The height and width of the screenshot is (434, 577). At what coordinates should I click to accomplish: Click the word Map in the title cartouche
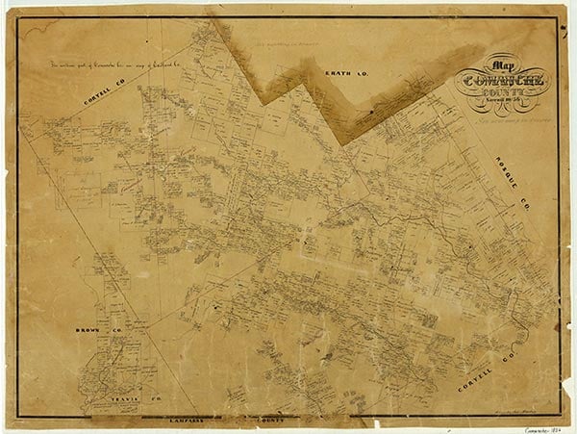(x=498, y=57)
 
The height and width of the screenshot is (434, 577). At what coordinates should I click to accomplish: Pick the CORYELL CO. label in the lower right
(x=491, y=359)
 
